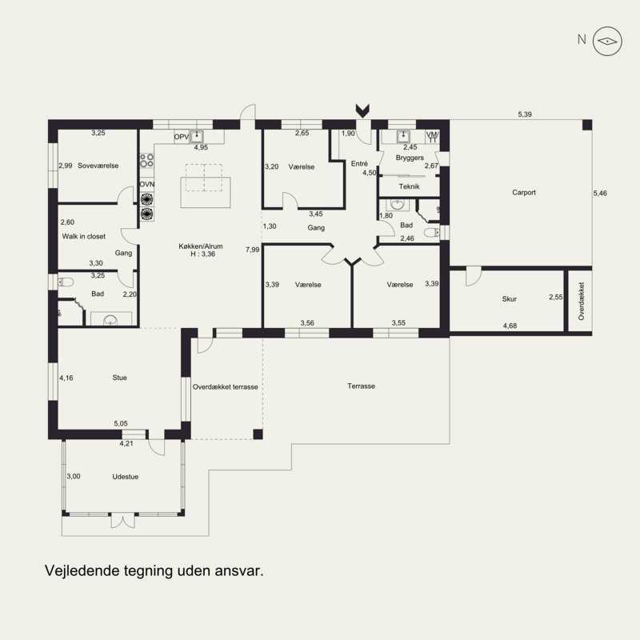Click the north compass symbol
[x=607, y=41]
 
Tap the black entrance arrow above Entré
[x=362, y=110]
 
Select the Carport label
[x=524, y=192]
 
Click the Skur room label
[x=509, y=298]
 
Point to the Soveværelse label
[x=98, y=166]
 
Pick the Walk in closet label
[x=84, y=236]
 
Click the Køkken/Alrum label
[x=201, y=246]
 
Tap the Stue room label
[x=119, y=378]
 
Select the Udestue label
[x=126, y=476]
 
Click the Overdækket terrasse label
[x=226, y=387]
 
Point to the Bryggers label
[x=410, y=158]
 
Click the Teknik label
[x=409, y=186]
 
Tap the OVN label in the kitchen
[x=147, y=185]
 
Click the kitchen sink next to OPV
[x=197, y=136]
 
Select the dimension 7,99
[x=252, y=250]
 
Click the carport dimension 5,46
[x=600, y=194]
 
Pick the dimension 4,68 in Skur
[x=510, y=326]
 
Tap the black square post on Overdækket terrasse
[x=258, y=434]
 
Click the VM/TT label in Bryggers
[x=432, y=137]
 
